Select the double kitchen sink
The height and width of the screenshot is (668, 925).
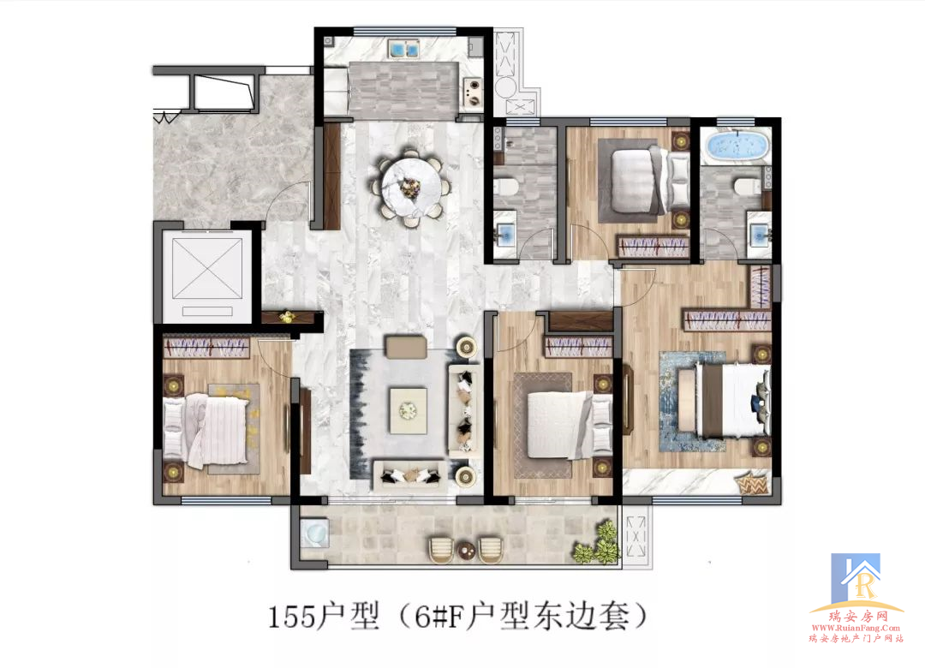(403, 49)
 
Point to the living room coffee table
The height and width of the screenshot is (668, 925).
(408, 410)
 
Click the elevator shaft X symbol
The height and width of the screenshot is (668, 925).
(206, 269)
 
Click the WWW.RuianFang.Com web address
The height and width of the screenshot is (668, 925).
(856, 628)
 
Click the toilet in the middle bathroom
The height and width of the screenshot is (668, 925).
(507, 188)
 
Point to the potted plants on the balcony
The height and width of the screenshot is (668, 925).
(597, 544)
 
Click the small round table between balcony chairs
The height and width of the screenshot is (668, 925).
(466, 551)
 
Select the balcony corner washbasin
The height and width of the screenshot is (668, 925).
(313, 533)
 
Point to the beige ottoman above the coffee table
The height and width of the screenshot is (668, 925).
(406, 347)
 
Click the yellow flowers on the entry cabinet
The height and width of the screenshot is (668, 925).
(287, 316)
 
